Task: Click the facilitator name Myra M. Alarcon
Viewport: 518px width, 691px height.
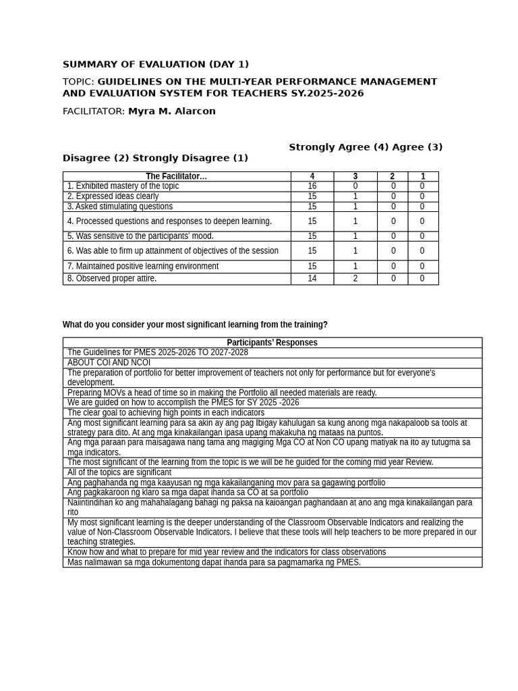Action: click(x=172, y=111)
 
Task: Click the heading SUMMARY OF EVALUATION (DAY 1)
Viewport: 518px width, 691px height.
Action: click(x=156, y=65)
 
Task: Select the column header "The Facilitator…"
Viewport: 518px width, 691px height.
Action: click(x=176, y=177)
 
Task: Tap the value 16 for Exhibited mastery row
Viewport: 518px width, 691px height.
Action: click(x=312, y=186)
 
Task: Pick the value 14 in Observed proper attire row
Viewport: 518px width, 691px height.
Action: click(x=312, y=279)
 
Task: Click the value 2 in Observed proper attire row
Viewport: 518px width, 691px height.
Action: click(x=355, y=279)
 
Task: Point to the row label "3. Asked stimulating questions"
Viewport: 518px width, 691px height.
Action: click(x=119, y=206)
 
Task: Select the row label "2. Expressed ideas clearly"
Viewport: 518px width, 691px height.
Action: click(x=113, y=196)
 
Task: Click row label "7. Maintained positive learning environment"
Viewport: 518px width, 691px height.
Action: click(x=142, y=267)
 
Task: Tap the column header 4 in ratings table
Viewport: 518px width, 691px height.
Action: click(x=312, y=177)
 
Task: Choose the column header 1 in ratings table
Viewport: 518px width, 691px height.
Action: click(x=423, y=177)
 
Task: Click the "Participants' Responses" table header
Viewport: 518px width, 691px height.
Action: click(x=272, y=343)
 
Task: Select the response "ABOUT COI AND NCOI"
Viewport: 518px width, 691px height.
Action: click(x=109, y=362)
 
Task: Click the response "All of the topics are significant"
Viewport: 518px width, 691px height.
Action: click(x=119, y=472)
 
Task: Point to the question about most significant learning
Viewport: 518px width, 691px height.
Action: click(x=195, y=325)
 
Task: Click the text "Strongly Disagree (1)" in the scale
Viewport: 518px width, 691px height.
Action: click(x=190, y=158)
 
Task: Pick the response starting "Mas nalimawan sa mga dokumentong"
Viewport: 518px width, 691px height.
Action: click(x=214, y=562)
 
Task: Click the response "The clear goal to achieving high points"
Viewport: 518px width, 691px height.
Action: click(x=165, y=412)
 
